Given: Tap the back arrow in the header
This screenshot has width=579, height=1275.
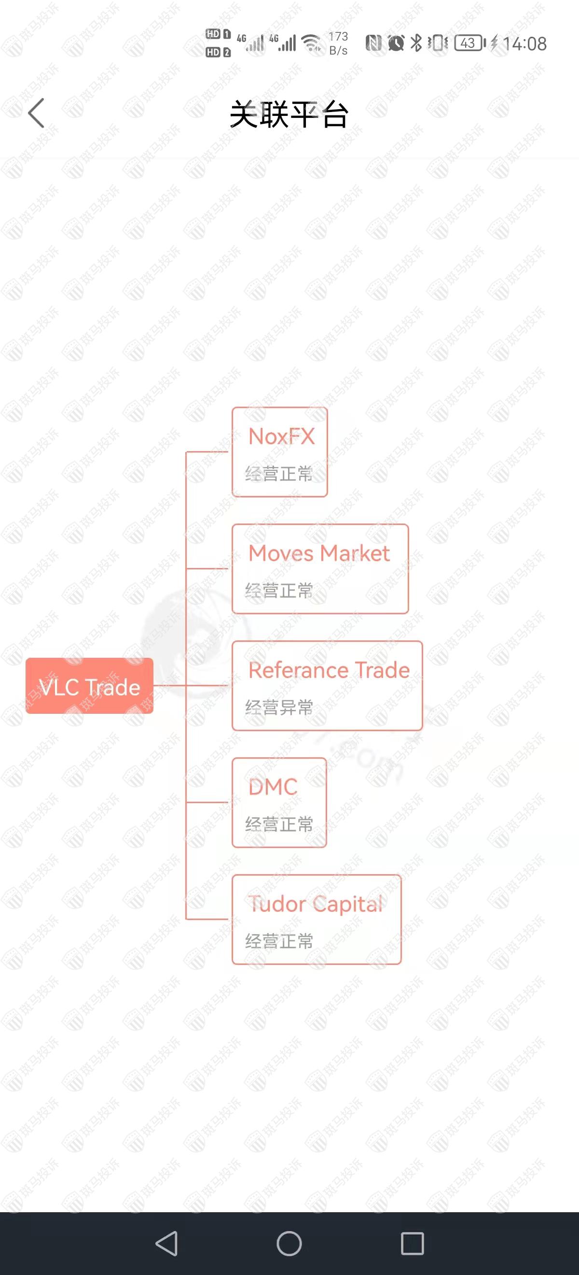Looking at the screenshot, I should point(36,113).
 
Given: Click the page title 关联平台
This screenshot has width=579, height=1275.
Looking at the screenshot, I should point(289,114).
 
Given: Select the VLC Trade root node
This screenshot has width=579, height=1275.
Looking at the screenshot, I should point(89,686).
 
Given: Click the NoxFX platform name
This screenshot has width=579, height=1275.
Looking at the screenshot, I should point(281,437).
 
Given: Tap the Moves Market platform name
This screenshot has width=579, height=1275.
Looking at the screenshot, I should point(319,553).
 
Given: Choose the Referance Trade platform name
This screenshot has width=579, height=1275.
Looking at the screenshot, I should point(329,670).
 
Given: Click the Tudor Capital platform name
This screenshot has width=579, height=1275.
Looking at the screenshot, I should point(316,904).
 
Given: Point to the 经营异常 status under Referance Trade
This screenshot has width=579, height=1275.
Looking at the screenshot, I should point(279,708).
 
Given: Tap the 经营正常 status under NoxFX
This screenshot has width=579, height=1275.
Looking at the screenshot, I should point(279,474).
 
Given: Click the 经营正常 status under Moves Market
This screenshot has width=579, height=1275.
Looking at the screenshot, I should point(279,591).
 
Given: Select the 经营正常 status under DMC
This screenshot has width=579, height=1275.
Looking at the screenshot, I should point(279,824).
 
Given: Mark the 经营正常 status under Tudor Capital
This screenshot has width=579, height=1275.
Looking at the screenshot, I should point(279,941).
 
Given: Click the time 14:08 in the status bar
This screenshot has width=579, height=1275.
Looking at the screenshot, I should point(524,44).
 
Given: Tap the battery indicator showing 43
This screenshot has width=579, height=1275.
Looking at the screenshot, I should point(470,43).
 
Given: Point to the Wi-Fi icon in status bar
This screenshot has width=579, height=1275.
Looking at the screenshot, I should point(312,43).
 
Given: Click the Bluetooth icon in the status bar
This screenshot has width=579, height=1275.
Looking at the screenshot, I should point(416,43).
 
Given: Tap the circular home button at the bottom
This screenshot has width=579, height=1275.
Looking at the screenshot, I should point(289,1243).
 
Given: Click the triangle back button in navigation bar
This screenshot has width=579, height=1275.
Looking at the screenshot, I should point(167,1243).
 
